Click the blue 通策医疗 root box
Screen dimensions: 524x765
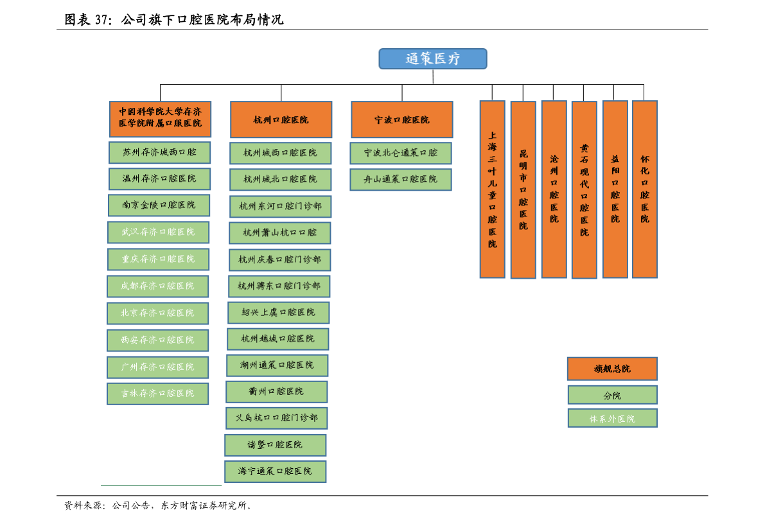[432, 59]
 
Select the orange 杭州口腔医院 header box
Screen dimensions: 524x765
[281, 119]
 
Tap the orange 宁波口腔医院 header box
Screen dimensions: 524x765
[401, 119]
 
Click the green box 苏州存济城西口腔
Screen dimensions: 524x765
[159, 152]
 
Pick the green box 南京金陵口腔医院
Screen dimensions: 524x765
[159, 205]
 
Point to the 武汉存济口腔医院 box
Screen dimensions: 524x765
[158, 232]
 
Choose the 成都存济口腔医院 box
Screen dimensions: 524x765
[157, 286]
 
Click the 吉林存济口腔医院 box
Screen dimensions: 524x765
[157, 393]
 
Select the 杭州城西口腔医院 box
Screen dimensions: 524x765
[280, 153]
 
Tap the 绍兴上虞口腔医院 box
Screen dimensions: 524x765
[278, 313]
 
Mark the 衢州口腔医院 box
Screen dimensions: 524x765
[276, 392]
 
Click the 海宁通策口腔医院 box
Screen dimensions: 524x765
[275, 471]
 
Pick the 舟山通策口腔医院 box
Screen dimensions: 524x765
[400, 180]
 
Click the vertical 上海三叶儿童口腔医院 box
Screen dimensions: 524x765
[492, 189]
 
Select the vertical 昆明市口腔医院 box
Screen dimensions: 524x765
[523, 190]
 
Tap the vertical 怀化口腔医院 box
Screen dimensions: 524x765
[644, 189]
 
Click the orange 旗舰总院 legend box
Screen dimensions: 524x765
[612, 369]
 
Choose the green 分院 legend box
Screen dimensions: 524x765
[612, 395]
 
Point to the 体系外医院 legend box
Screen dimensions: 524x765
[612, 418]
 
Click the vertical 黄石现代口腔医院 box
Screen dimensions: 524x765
[584, 190]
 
